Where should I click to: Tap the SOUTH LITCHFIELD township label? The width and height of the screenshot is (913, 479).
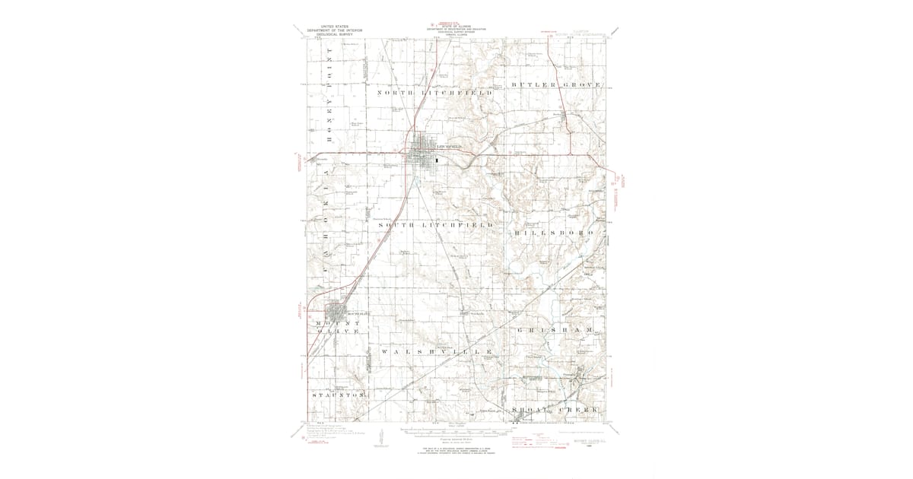(437, 227)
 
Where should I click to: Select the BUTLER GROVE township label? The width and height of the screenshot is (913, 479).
(558, 83)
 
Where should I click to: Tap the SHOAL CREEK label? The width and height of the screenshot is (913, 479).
(558, 410)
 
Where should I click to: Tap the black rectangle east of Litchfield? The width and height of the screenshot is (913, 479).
(437, 160)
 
